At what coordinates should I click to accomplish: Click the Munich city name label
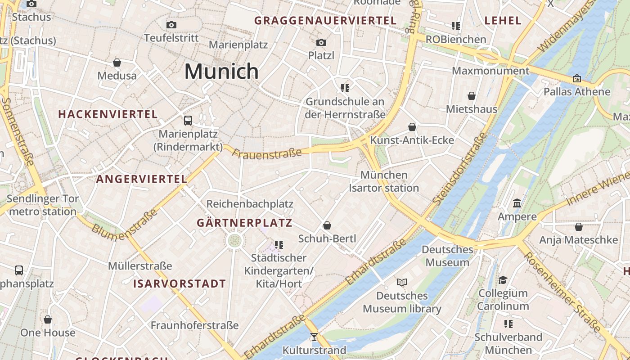pos(221,72)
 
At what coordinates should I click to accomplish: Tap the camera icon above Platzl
pos(321,42)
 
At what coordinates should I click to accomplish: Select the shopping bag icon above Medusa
pos(117,63)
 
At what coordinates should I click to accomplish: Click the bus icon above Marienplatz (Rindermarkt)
pos(188,121)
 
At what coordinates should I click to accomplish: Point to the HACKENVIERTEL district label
pos(108,114)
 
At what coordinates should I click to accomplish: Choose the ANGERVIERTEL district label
pos(142,179)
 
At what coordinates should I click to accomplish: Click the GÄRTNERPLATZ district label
pos(244,223)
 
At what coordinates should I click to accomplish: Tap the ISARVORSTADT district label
pos(179,284)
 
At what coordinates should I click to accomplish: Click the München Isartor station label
pos(384,181)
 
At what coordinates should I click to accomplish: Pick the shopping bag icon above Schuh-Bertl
pos(327,225)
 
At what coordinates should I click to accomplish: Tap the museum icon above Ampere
pos(517,203)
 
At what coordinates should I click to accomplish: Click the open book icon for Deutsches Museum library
pos(402,282)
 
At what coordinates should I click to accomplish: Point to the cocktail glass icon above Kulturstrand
pos(314,337)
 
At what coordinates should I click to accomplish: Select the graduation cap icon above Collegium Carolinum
pos(503,280)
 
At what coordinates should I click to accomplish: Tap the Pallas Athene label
pos(577,92)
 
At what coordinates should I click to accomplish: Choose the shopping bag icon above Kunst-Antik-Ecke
pos(412,127)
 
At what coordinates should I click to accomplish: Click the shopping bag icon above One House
pos(48,319)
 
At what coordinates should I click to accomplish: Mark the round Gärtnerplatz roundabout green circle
pos(234,241)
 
